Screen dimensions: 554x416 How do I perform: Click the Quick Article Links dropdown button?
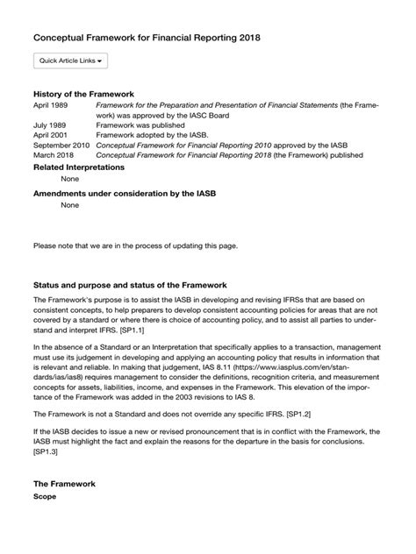click(70, 60)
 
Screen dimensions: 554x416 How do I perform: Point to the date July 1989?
click(50, 125)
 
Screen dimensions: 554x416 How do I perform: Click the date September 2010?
click(61, 146)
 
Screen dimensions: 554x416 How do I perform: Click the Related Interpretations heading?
click(78, 167)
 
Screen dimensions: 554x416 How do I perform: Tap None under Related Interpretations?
click(69, 179)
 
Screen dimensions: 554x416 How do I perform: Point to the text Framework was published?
click(140, 125)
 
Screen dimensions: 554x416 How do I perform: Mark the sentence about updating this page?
click(134, 245)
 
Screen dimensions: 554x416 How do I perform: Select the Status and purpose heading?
click(130, 285)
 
